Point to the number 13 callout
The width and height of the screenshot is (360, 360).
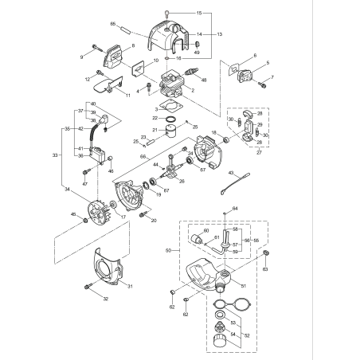tap(220, 34)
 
